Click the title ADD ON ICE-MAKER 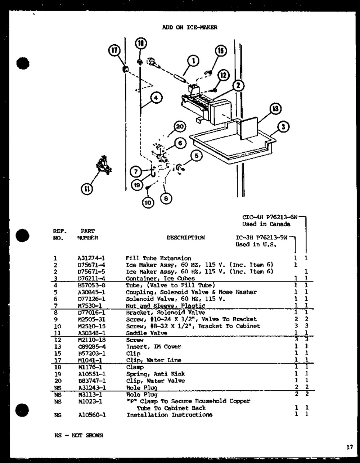(x=190, y=27)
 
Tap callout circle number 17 (x=114, y=51)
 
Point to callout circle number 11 (x=87, y=189)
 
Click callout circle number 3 (x=284, y=127)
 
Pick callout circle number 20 (x=179, y=126)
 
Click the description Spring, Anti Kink (x=156, y=374)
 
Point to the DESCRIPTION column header (x=186, y=238)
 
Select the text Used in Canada (x=266, y=224)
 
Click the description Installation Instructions (x=169, y=415)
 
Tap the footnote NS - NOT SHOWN (x=77, y=435)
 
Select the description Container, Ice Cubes (x=160, y=278)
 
